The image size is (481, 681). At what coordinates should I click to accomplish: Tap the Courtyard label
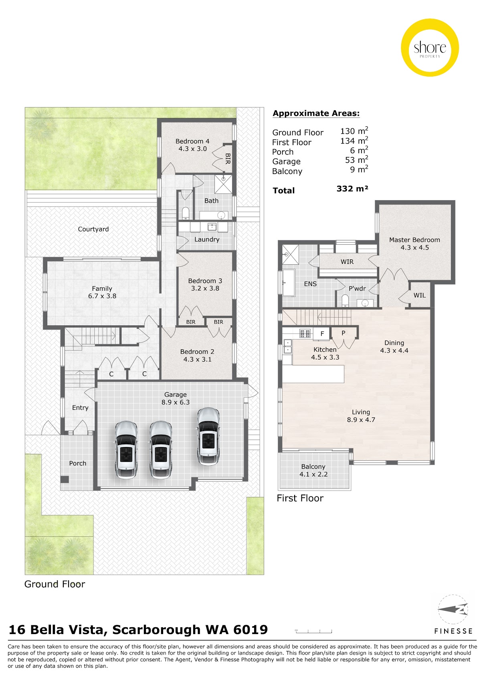point(93,229)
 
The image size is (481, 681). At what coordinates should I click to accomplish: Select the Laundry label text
point(206,239)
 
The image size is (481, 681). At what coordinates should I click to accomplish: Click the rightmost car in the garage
point(208,436)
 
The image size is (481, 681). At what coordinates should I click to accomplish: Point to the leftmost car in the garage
point(126,450)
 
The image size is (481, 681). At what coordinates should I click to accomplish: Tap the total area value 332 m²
point(352,189)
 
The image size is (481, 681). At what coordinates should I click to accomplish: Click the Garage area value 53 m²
point(356,160)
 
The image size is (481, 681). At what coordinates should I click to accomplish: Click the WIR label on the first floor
point(347,262)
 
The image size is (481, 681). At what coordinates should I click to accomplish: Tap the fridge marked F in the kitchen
point(322,334)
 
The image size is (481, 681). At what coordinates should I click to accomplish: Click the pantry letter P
point(344,333)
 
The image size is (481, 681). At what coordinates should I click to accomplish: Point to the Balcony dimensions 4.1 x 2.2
point(313,474)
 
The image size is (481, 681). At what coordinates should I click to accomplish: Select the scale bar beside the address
point(313,629)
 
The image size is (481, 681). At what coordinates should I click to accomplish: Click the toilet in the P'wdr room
point(345,300)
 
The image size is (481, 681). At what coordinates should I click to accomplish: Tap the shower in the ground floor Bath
point(223,184)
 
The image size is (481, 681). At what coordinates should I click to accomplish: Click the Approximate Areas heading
point(316,113)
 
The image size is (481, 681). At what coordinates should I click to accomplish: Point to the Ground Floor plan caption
point(55,584)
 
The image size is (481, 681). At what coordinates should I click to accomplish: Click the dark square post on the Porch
point(65,479)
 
